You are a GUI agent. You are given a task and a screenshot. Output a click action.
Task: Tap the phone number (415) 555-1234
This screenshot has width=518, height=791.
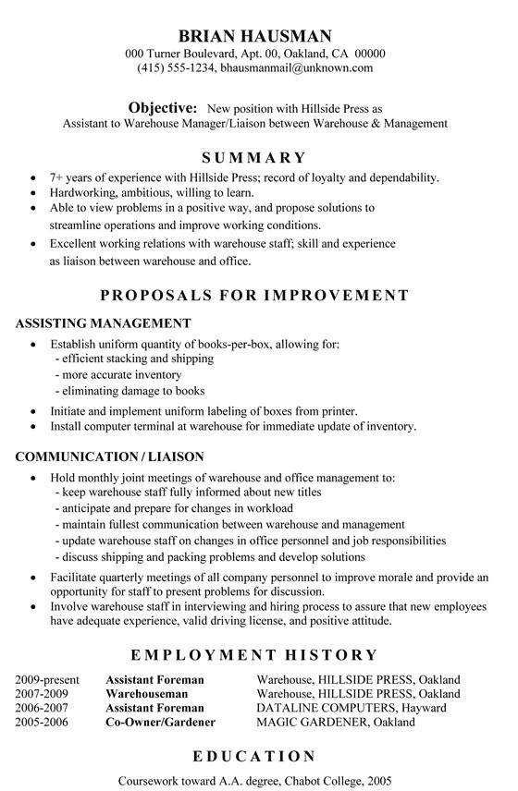[175, 67]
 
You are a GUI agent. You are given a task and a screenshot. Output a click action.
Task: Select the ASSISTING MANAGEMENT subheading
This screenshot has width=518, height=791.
[103, 323]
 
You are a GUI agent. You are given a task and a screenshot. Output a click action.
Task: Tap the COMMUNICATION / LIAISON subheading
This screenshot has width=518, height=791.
[109, 456]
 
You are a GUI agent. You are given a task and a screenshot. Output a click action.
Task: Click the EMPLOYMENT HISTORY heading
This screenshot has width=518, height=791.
[254, 654]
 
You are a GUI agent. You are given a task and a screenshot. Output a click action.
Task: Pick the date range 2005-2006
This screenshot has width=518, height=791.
[42, 721]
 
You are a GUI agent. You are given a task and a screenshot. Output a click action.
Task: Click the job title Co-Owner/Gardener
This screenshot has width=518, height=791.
[160, 721]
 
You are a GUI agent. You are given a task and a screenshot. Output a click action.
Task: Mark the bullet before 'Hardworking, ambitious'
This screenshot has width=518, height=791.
[33, 192]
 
